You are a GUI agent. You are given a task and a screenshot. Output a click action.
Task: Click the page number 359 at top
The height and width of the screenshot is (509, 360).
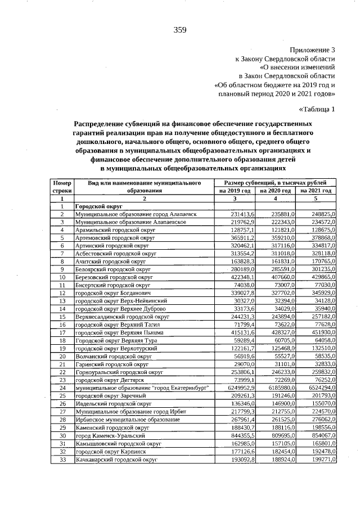click(180, 30)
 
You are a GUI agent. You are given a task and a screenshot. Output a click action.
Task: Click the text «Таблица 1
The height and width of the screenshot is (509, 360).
click(317, 109)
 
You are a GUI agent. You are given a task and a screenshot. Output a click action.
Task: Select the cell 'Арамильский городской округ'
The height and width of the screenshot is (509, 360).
click(110, 231)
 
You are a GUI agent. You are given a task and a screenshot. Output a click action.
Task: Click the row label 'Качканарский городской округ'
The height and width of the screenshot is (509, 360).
click(115, 460)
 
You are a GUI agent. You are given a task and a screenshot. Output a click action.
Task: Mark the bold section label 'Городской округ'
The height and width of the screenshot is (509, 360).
click(98, 207)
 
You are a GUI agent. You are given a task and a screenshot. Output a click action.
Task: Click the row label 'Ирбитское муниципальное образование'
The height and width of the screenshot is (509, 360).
click(124, 420)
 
